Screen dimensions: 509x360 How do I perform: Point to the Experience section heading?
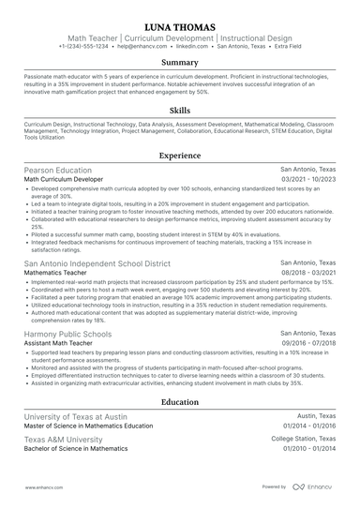pyautogui.click(x=180, y=156)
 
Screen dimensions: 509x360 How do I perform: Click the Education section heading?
pyautogui.click(x=180, y=401)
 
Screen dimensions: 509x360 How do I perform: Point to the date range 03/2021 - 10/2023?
pyautogui.click(x=307, y=179)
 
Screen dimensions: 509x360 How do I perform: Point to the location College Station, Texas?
pyautogui.click(x=303, y=439)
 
